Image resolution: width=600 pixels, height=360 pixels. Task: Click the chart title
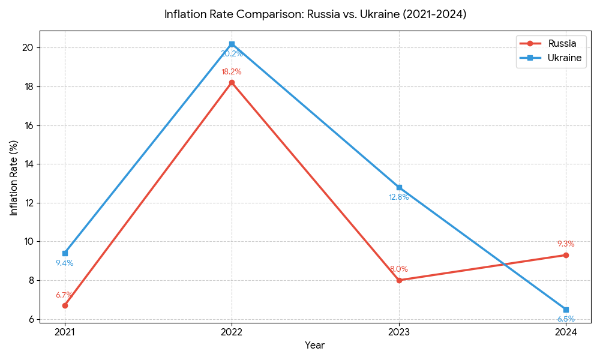coord(315,14)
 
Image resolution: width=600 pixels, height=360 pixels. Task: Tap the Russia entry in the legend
coord(562,44)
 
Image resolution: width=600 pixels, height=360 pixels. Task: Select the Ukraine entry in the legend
coord(564,58)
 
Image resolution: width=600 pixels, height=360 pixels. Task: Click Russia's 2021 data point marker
coord(65,305)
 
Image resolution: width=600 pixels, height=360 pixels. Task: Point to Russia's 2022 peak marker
coord(232,82)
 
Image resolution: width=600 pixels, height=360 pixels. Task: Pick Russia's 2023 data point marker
coord(399,280)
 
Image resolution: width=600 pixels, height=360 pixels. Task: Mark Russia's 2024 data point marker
coord(566,255)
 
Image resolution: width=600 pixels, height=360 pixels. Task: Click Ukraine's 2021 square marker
coord(65,253)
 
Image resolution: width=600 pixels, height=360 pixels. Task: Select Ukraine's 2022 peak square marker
coord(232,44)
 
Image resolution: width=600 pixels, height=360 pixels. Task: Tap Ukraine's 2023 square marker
coord(399,187)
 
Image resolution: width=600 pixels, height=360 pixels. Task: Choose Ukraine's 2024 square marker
coord(566,310)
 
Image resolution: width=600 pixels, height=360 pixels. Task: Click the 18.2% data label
coord(232,72)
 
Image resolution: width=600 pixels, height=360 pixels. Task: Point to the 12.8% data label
coord(399,197)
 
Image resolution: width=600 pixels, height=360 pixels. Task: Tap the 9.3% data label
coord(566,244)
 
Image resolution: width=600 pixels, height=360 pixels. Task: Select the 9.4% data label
coord(65,263)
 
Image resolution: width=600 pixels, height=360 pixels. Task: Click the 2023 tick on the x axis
coord(399,331)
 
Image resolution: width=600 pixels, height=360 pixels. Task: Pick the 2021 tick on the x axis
coord(65,331)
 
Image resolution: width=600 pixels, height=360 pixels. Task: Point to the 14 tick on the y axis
coord(29,164)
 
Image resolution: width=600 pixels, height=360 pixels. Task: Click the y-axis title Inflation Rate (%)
coord(14,178)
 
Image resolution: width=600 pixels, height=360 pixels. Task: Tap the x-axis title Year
coord(315,346)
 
